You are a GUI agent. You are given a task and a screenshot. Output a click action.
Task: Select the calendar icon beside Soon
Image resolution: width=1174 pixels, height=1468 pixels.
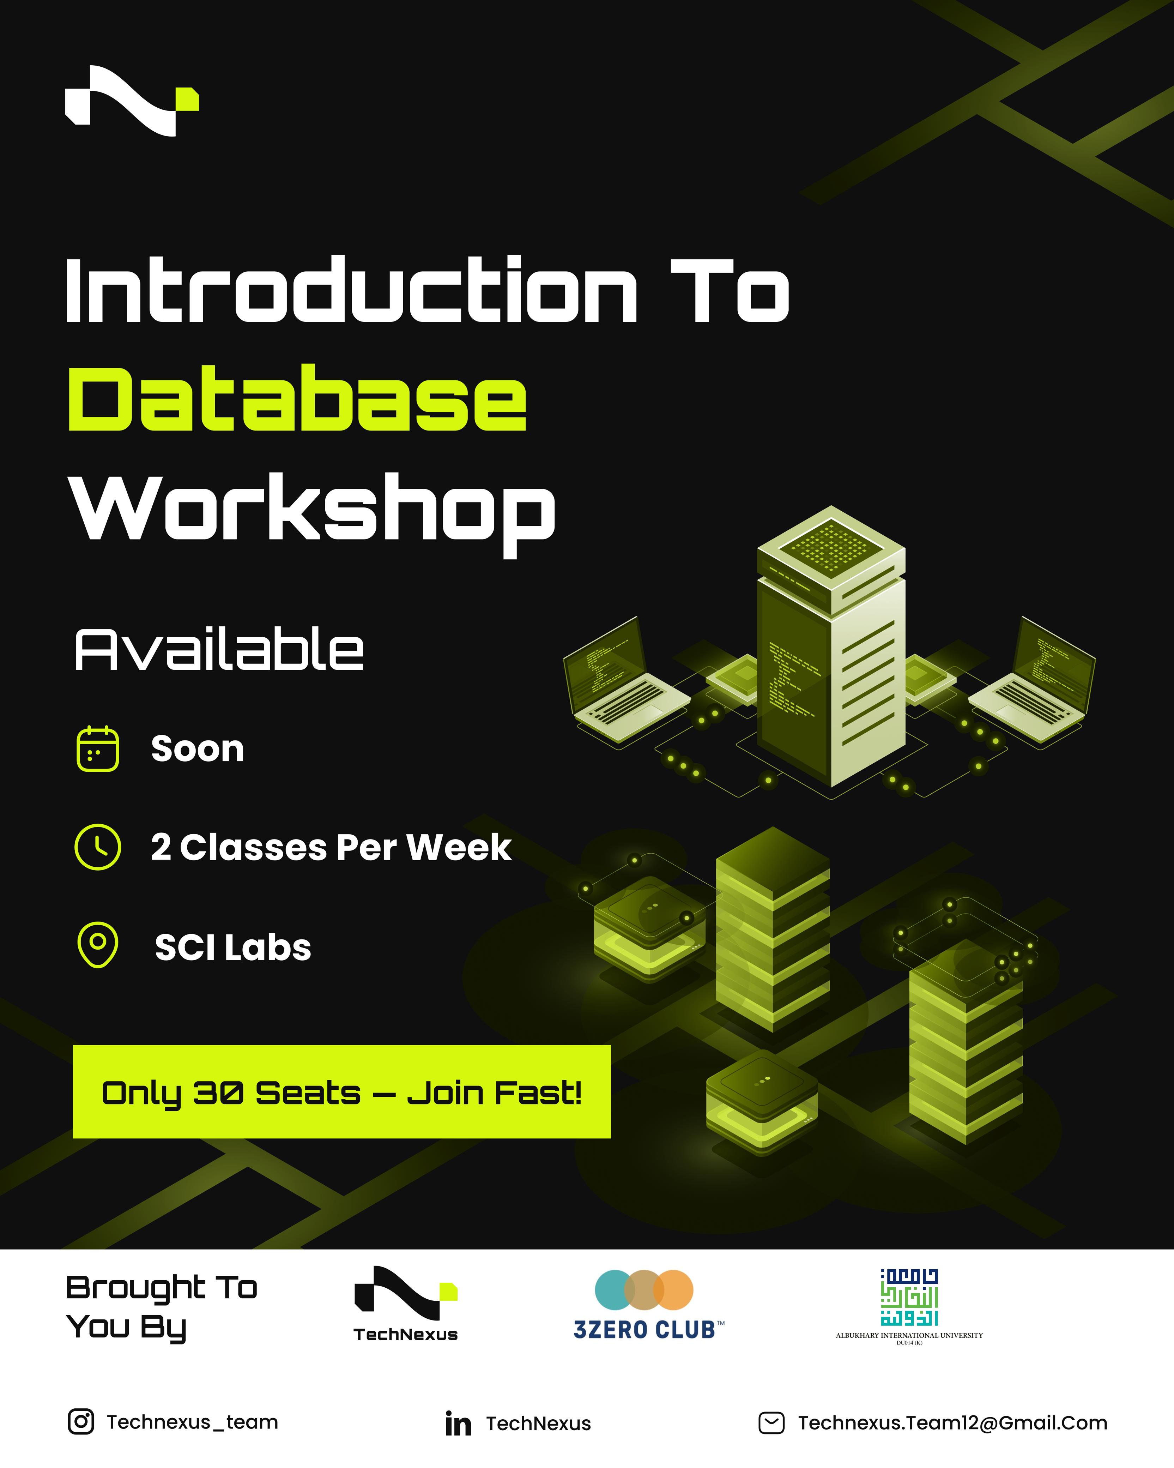(97, 749)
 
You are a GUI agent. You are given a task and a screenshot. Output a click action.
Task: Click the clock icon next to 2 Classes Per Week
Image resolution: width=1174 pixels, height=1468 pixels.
(97, 847)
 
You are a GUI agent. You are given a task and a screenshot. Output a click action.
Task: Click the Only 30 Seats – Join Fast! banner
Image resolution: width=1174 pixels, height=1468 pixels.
(341, 1092)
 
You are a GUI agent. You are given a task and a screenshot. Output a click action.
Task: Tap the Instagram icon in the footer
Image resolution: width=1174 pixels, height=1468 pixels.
(81, 1422)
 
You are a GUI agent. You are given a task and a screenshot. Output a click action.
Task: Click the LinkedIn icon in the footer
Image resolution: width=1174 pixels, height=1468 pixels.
(458, 1423)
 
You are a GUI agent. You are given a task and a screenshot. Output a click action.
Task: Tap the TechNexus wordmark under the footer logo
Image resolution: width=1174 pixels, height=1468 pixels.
(406, 1335)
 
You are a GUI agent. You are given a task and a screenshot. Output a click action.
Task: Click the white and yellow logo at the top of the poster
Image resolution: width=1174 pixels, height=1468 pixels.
(132, 101)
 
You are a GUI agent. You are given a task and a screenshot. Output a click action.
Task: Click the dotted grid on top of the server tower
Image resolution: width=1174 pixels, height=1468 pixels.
(830, 545)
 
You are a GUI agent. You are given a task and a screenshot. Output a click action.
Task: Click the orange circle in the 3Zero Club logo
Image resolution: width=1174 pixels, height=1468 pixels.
(673, 1289)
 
